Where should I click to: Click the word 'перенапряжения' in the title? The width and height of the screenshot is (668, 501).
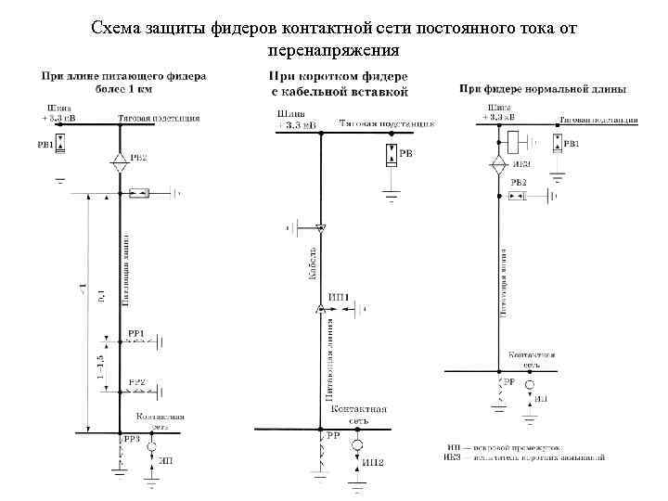click(333, 48)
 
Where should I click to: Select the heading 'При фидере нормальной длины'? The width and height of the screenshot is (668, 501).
click(543, 89)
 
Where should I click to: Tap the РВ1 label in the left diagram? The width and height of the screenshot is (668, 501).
click(45, 144)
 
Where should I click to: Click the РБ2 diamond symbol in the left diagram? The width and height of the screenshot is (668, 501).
click(119, 159)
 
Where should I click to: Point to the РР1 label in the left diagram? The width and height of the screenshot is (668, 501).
click(135, 333)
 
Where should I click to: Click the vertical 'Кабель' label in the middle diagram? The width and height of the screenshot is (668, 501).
click(313, 263)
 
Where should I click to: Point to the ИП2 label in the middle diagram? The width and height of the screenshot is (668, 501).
click(373, 463)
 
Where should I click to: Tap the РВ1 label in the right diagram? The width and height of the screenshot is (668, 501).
click(572, 144)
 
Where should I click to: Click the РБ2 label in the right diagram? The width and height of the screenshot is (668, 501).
click(519, 183)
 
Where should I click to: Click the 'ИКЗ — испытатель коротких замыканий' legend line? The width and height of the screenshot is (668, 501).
click(525, 457)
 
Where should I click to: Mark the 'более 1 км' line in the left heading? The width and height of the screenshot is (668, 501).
click(123, 90)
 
